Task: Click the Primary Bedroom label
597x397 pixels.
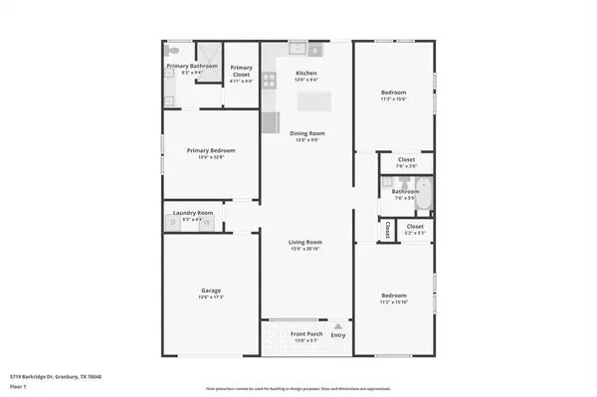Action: (x=210, y=151)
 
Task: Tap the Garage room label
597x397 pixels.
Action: (x=210, y=291)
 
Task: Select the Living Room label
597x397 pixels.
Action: (x=306, y=242)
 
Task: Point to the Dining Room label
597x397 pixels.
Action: (x=306, y=133)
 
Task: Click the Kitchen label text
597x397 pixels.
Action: (x=306, y=74)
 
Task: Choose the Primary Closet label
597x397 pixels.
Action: (x=241, y=70)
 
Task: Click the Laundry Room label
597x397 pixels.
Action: (x=193, y=213)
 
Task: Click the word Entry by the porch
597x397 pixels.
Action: (x=338, y=335)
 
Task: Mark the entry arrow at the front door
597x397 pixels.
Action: (x=338, y=326)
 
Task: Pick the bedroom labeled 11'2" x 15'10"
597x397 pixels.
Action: (x=394, y=296)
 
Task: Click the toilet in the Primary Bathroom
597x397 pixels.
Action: (x=171, y=50)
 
